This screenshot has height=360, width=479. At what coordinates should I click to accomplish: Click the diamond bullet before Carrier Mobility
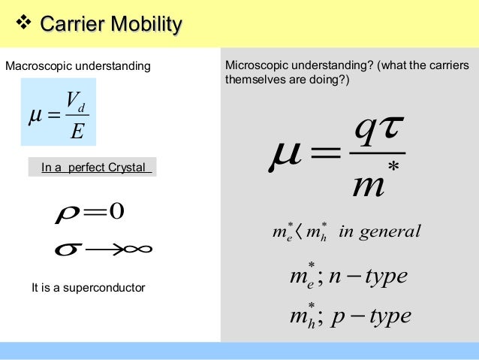click(x=25, y=25)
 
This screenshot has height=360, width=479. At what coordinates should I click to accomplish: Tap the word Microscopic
click(x=256, y=66)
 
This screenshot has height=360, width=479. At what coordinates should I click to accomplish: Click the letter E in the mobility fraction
click(x=75, y=132)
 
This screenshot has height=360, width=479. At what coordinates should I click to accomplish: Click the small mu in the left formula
click(x=35, y=116)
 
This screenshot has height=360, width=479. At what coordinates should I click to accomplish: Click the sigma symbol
click(x=67, y=248)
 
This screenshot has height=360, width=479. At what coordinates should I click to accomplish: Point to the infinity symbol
click(x=136, y=248)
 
